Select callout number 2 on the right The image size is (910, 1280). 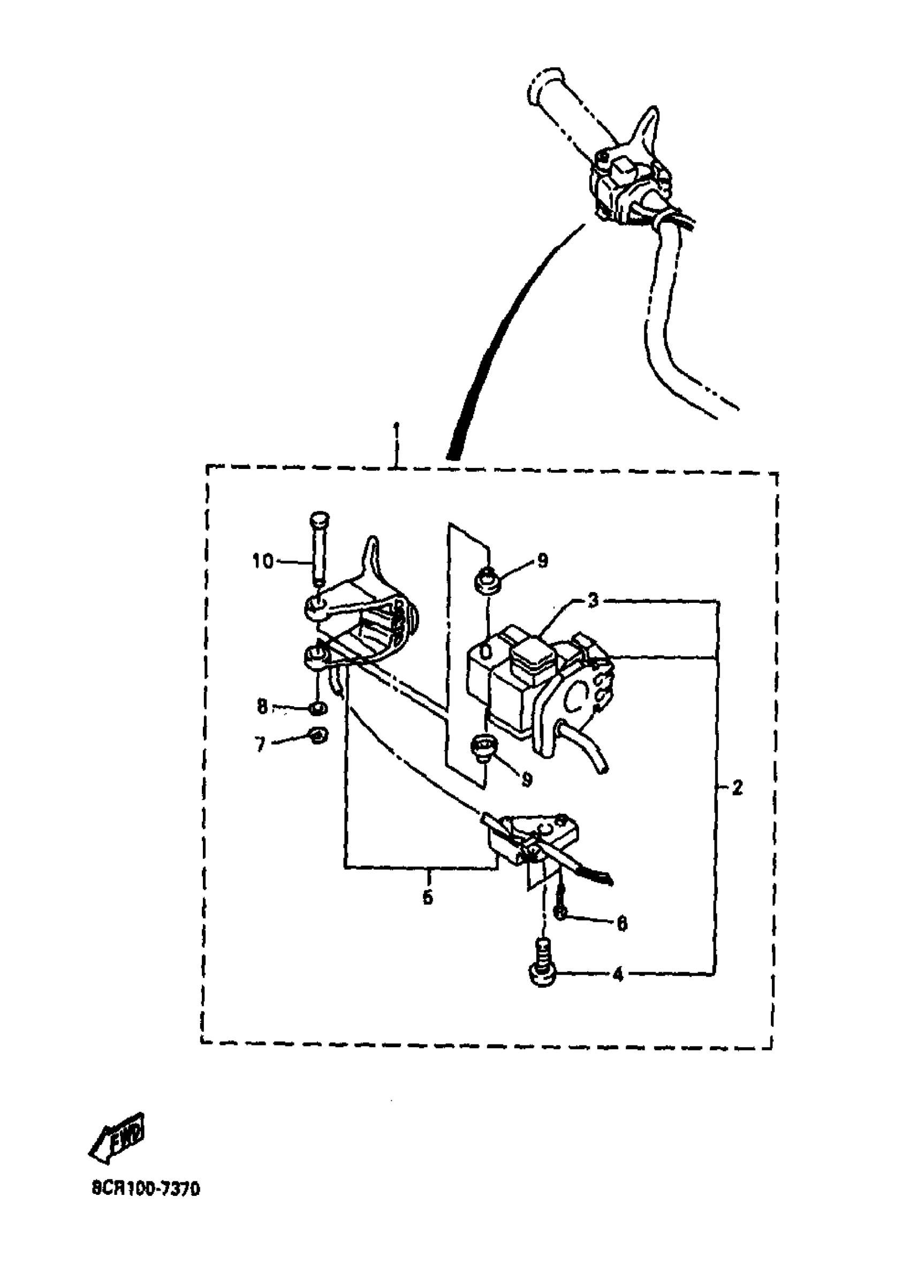[737, 788]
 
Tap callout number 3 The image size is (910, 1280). [593, 601]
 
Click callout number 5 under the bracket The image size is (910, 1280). [428, 897]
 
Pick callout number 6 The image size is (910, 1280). [621, 923]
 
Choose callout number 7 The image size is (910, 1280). [260, 744]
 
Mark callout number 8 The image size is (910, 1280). [262, 707]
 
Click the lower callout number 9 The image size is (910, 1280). [526, 779]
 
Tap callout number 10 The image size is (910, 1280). [262, 561]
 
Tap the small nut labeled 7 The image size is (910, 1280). [319, 735]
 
